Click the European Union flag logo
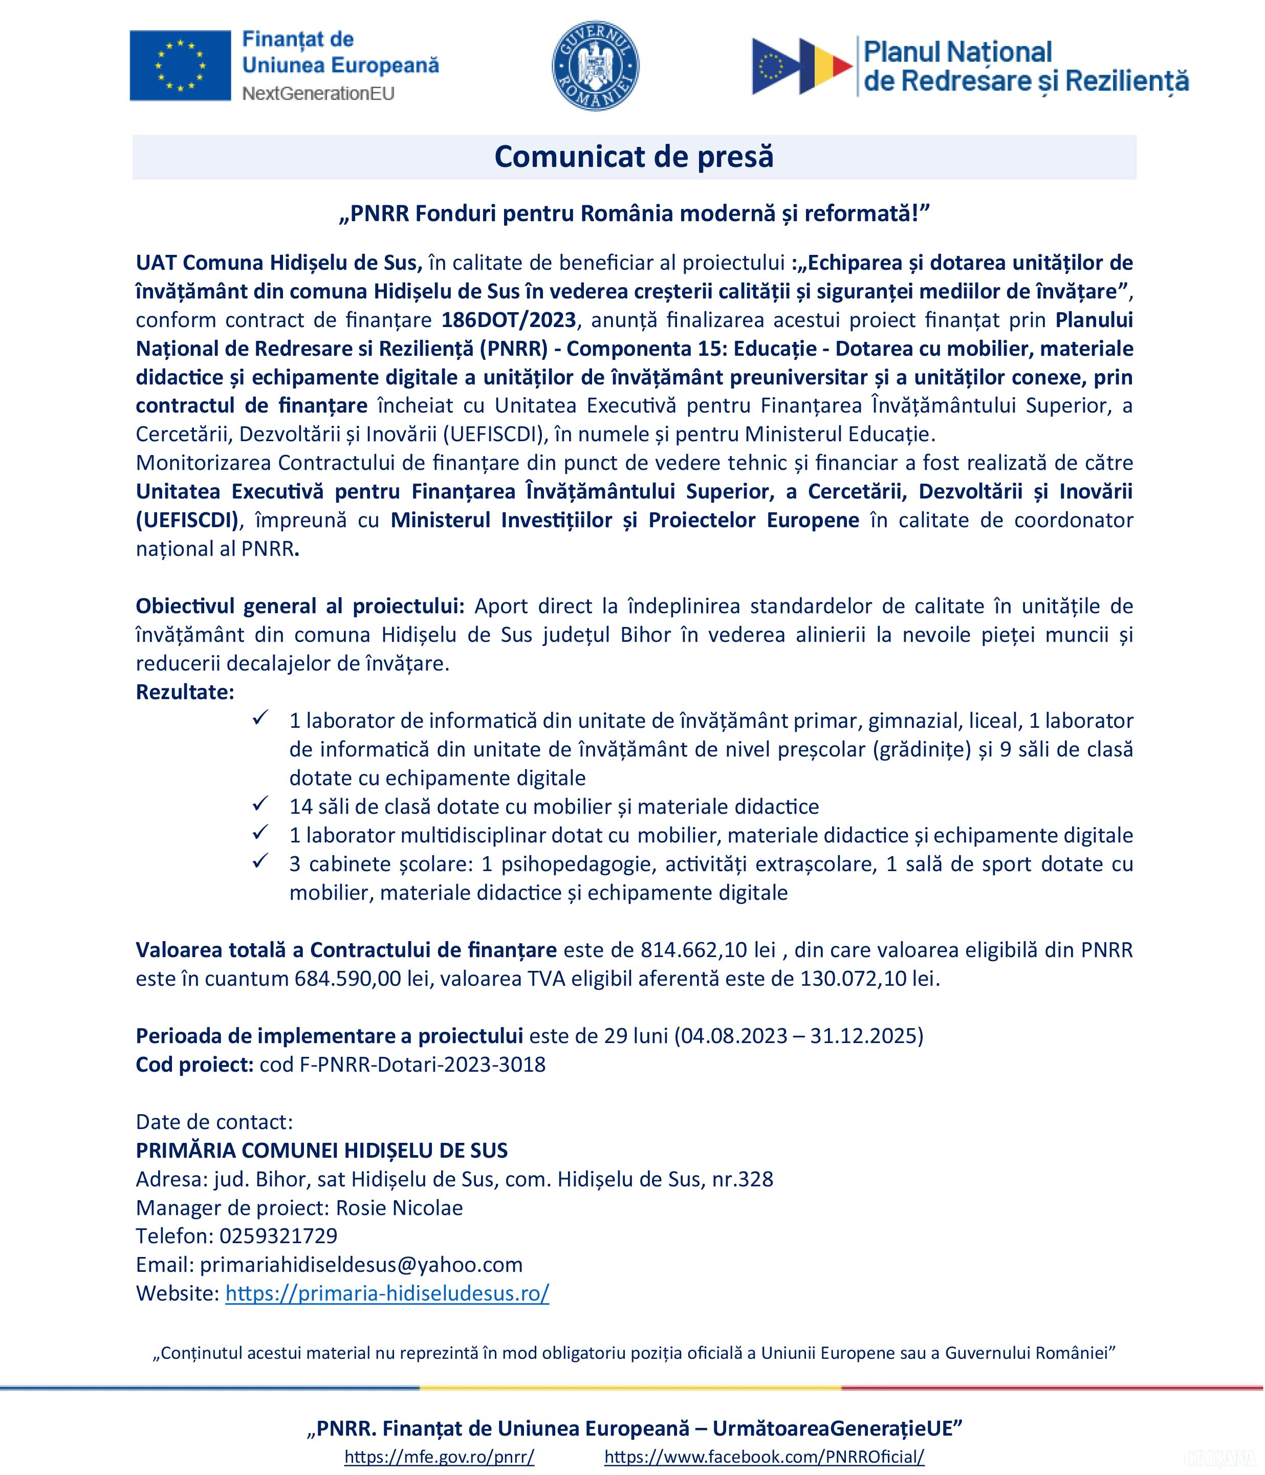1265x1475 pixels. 180,66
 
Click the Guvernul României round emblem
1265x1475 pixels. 595,66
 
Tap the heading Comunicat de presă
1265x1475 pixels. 634,157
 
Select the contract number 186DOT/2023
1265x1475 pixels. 508,320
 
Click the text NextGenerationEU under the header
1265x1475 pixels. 318,93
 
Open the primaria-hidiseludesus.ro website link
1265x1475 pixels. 387,1293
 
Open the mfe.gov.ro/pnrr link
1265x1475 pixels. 439,1457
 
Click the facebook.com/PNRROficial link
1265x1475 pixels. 764,1457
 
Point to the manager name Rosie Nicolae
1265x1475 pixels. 399,1207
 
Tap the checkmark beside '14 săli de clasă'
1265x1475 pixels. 260,805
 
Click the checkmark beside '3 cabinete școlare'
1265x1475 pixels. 260,861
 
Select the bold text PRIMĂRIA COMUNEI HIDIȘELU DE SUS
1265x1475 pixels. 322,1151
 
